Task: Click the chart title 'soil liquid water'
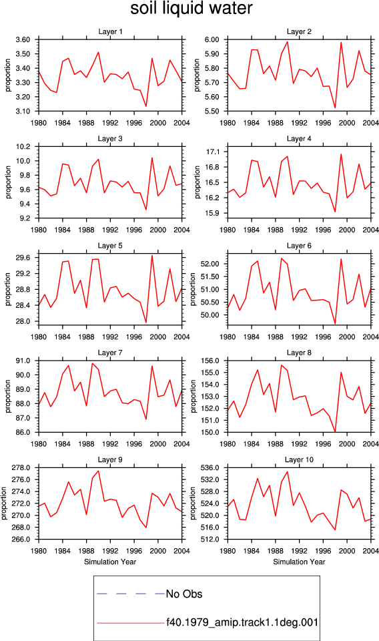click(191, 9)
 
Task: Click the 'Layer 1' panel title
click(110, 31)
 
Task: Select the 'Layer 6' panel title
click(299, 246)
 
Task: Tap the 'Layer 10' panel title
click(299, 460)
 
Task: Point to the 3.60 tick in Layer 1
click(23, 39)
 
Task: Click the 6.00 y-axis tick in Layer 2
click(212, 39)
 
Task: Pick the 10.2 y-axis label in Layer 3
click(23, 147)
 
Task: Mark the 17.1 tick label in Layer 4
click(213, 152)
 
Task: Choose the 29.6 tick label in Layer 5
click(23, 258)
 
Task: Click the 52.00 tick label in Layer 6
click(210, 264)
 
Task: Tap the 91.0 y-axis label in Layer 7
click(23, 361)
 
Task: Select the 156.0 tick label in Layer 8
click(210, 361)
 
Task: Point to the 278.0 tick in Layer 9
click(21, 468)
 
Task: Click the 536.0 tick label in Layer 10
click(210, 468)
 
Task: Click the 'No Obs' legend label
click(184, 594)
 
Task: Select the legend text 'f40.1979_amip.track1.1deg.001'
click(242, 622)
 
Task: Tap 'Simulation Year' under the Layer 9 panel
click(110, 562)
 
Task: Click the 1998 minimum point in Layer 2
click(335, 108)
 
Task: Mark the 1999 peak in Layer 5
click(152, 256)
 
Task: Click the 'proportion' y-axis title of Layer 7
click(8, 396)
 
